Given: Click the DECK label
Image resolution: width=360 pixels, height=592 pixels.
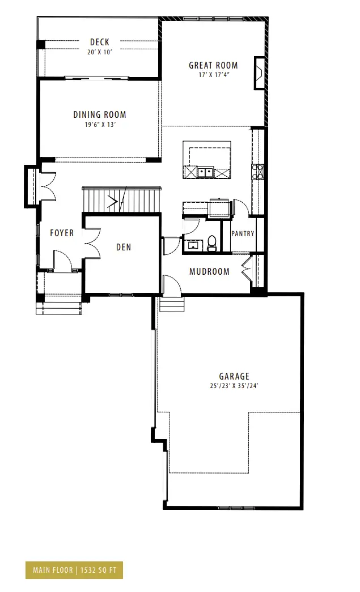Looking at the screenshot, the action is [x=100, y=42].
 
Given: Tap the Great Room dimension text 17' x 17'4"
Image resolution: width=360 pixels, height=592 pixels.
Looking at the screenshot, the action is [x=214, y=75].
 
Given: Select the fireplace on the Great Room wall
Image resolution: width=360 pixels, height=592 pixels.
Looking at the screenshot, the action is [x=259, y=73].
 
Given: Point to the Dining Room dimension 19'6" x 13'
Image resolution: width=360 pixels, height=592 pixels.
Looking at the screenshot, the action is [x=100, y=125].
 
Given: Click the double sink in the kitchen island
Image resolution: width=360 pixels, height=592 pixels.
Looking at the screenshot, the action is [x=205, y=173].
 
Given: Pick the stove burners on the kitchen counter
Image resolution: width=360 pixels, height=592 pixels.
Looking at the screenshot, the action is [x=258, y=171].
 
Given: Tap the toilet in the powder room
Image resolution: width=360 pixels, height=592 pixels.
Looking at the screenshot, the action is [x=212, y=244].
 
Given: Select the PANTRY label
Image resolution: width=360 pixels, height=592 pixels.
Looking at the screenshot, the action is [x=243, y=234].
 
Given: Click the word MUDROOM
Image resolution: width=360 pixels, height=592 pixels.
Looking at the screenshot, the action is [x=209, y=271].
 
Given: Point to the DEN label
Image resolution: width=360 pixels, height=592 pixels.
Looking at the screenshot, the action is [x=124, y=248].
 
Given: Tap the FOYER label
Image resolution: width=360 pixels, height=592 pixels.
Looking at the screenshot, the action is [x=62, y=233].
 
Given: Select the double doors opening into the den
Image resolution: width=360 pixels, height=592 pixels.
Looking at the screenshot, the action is [x=92, y=244].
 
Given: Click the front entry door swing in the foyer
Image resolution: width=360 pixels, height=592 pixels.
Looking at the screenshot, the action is [x=62, y=260].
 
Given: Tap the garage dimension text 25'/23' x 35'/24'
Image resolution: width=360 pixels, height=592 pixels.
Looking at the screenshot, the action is [x=234, y=386].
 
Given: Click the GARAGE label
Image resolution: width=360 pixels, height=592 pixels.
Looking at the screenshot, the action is [x=234, y=376].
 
